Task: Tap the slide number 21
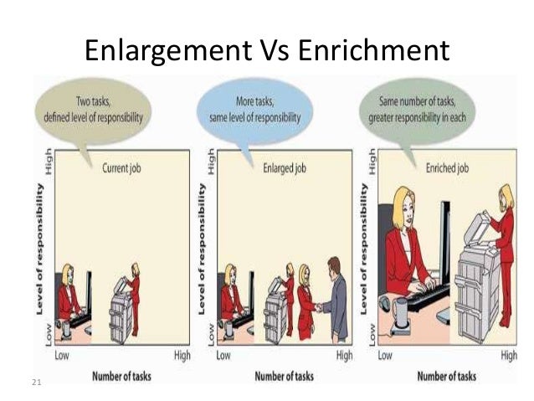click(x=35, y=383)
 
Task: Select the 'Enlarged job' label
click(x=286, y=167)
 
